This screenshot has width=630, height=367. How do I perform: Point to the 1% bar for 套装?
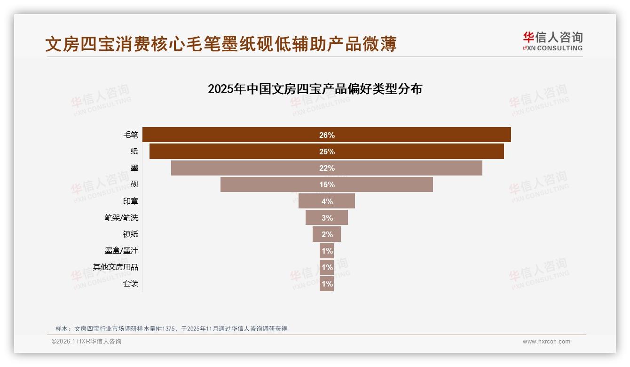click(327, 284)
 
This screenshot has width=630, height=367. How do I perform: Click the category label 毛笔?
click(131, 135)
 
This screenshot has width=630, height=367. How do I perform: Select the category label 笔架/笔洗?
click(121, 218)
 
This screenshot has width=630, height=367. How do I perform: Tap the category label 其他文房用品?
click(116, 267)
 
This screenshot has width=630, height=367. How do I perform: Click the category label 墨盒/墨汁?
click(121, 251)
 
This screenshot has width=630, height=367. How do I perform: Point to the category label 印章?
click(131, 201)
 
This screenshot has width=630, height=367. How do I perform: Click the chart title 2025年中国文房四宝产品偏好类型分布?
click(315, 89)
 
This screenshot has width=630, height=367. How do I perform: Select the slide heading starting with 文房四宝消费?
click(221, 44)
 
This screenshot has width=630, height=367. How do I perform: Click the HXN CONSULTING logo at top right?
click(553, 41)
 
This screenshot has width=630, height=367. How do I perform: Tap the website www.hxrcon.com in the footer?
click(546, 342)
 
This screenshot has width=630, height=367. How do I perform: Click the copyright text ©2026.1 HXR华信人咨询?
click(87, 342)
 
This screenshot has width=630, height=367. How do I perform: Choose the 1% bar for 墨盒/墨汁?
click(327, 251)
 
